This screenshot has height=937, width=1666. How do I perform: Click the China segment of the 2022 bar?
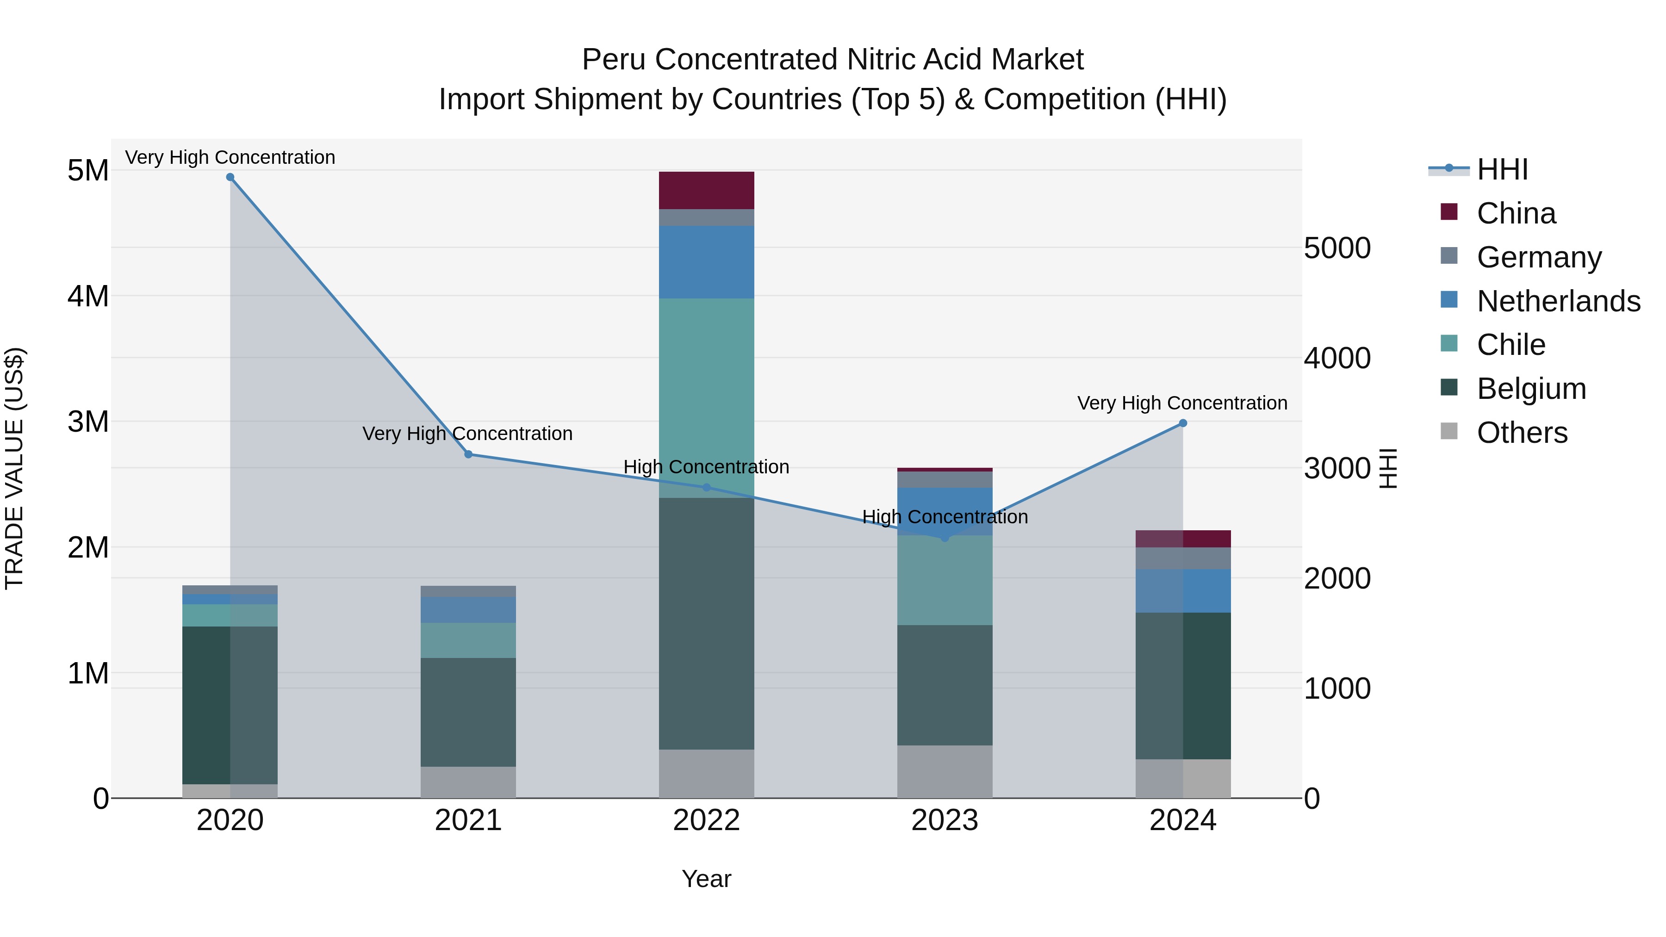tap(706, 190)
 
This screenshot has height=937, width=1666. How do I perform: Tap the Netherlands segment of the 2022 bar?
tap(706, 262)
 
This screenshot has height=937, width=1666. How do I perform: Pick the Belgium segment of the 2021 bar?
tap(468, 711)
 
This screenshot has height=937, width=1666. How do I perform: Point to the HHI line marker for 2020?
tap(230, 177)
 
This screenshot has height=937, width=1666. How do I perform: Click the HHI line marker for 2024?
tap(1183, 423)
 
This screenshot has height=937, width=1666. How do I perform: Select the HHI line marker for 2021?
tap(468, 454)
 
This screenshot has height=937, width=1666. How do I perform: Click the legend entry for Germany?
tap(1539, 257)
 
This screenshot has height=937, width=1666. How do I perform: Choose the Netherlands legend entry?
tap(1558, 301)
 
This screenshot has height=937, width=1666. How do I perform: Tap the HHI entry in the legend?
tap(1502, 169)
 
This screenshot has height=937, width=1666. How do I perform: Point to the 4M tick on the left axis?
tap(88, 296)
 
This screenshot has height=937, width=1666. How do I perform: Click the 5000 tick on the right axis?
tap(1337, 248)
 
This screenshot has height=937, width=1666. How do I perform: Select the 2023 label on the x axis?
tap(944, 820)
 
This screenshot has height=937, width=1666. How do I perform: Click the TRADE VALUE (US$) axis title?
tap(14, 468)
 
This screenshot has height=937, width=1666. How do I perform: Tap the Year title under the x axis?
tap(706, 879)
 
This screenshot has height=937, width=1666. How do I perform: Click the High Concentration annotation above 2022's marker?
tap(706, 467)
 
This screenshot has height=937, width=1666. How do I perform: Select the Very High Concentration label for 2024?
tap(1182, 403)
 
